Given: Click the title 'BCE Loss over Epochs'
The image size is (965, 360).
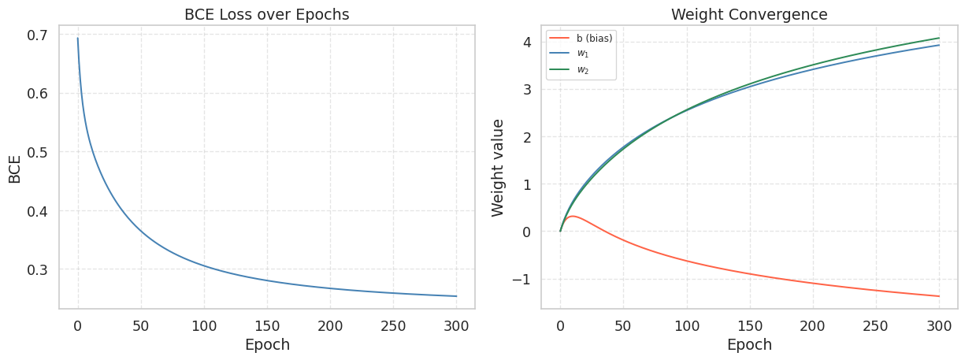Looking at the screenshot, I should coord(266,14).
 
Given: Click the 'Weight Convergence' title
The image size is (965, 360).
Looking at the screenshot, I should coord(749,14).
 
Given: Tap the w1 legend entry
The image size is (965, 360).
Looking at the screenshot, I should coord(583,54).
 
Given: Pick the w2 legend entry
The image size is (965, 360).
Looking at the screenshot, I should coord(583,70).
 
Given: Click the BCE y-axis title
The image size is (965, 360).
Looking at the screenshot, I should coord(15,168).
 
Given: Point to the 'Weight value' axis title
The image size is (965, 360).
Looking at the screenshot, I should coord(498,167).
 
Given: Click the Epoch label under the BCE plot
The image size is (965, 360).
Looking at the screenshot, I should coord(267,345).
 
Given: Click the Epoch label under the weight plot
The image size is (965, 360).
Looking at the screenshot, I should coord(749,345).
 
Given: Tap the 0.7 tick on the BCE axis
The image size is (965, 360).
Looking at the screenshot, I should coord(37,35).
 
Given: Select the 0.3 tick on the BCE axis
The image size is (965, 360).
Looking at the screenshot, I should coord(37,269).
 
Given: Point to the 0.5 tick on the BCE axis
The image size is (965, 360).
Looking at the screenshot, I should coord(37,152).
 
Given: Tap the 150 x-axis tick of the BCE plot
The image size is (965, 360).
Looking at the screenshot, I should coord(267,325).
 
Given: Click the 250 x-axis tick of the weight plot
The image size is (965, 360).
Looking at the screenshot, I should coord(876,325).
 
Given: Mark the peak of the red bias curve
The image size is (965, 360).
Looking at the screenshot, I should coord(573,216).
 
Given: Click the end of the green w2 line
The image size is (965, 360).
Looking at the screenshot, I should coord(939,38).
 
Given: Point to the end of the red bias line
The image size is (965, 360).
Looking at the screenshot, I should coord(939,296).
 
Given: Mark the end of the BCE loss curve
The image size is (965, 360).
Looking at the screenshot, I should coord(456,296).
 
